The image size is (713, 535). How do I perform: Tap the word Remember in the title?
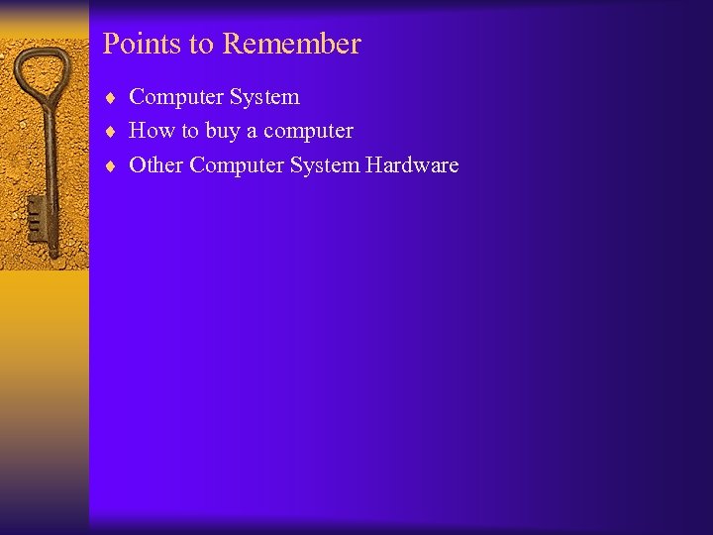(x=292, y=45)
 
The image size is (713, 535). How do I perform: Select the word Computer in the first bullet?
(x=176, y=97)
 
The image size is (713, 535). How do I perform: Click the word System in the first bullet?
(x=264, y=97)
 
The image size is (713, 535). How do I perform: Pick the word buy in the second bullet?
(x=223, y=132)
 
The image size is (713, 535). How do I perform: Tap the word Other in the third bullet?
(x=156, y=164)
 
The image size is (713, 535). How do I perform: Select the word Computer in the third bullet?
(x=237, y=165)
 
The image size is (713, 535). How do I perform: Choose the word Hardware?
(x=412, y=165)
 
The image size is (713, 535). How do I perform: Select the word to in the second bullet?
(x=189, y=132)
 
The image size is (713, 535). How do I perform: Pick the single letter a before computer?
(x=252, y=132)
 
